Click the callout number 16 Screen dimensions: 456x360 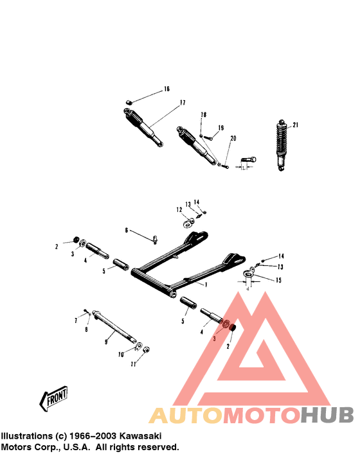pos(166,89)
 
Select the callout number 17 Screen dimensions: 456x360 pos(183,103)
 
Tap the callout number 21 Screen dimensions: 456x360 pos(296,125)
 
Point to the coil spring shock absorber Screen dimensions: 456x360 pos(280,145)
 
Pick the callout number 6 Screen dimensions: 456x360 pos(127,229)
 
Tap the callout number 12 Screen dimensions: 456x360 pos(180,209)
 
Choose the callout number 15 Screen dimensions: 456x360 pos(278,279)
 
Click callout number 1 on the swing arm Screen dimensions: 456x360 pos(206,284)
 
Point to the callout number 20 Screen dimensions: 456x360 pos(233,138)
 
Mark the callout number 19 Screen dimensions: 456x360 pos(221,128)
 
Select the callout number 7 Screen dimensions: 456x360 pos(76,319)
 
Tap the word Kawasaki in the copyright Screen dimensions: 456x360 pos(141,435)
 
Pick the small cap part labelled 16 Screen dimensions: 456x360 pos(129,101)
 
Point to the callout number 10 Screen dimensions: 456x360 pos(120,354)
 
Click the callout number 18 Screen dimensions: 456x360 pos(203,115)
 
